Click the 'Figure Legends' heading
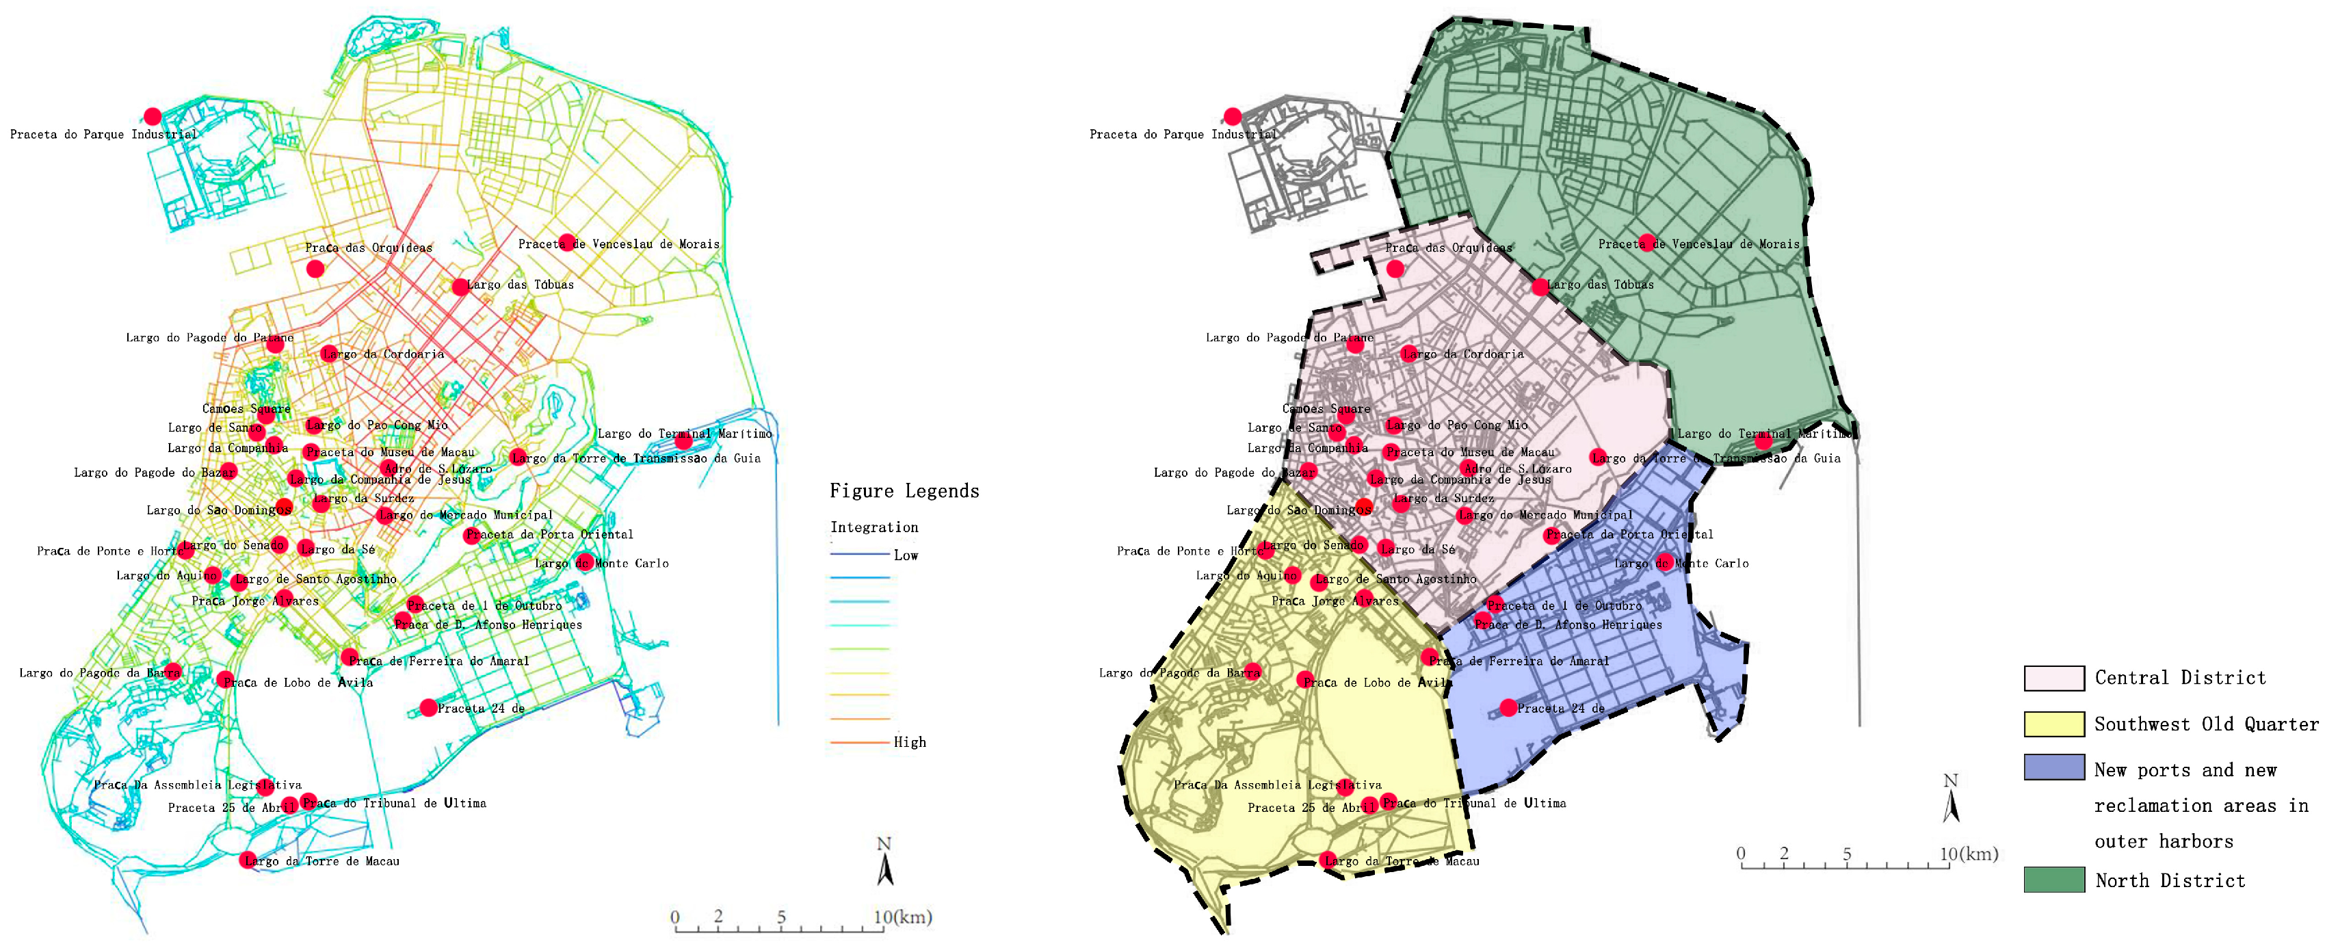coord(904,491)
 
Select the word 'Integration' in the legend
coord(873,527)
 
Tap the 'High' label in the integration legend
coord(909,742)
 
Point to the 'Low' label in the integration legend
coord(905,555)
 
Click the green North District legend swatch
coord(2053,880)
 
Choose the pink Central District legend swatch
coord(2053,678)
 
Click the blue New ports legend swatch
coord(2053,767)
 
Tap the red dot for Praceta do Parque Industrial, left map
coord(153,116)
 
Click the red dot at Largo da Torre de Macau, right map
coord(1327,860)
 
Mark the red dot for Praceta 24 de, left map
coord(429,708)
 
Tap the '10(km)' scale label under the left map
coord(902,917)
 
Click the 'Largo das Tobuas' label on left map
coord(521,285)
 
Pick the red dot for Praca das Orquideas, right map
coord(1395,268)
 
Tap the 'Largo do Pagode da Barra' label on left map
coord(99,672)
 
